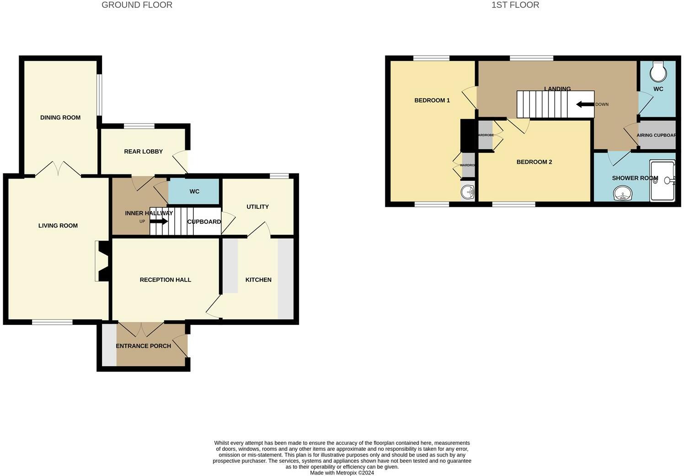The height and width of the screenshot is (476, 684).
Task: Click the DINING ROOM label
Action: (x=60, y=118)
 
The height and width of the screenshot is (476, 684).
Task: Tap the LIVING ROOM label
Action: (x=58, y=226)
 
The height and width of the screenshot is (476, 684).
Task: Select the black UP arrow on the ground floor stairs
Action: (x=159, y=222)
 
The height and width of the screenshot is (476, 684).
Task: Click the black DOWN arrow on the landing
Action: (x=585, y=104)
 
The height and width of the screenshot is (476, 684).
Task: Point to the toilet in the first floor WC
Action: (x=658, y=70)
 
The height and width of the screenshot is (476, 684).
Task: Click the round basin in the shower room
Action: (x=622, y=194)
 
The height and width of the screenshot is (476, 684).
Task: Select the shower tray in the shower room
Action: (x=663, y=180)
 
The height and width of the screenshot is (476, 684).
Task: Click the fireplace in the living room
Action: (x=102, y=261)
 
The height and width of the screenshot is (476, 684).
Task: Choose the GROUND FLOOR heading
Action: (x=137, y=5)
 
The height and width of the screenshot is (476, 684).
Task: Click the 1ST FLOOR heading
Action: (x=515, y=5)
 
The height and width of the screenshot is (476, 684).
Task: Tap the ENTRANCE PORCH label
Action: (x=144, y=346)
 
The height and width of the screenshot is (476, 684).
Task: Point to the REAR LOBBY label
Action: (x=144, y=151)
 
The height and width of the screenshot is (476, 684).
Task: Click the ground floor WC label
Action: (x=194, y=192)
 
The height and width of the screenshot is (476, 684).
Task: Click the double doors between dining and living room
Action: (x=58, y=168)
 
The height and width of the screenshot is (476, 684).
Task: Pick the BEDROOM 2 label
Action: (x=534, y=162)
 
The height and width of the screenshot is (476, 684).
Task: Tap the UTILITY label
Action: (x=257, y=207)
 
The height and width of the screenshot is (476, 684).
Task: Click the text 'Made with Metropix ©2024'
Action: (x=342, y=473)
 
